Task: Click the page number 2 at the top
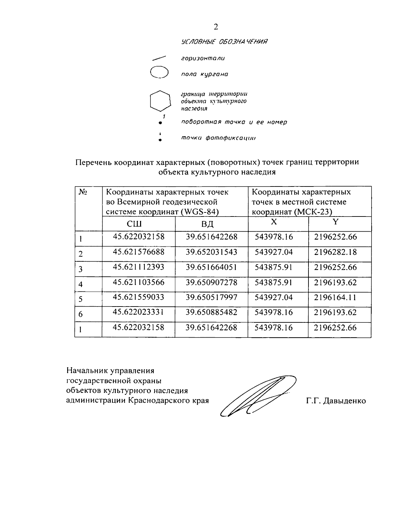216,27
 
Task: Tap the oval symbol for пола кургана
159,73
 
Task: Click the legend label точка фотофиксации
218,138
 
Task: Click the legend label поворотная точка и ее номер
234,122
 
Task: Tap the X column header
274,222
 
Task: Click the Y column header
335,222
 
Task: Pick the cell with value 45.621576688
139,252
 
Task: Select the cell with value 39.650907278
211,282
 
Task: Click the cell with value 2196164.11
335,297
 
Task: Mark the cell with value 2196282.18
335,252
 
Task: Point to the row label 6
81,314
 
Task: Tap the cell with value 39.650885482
211,313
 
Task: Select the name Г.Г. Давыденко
336,401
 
